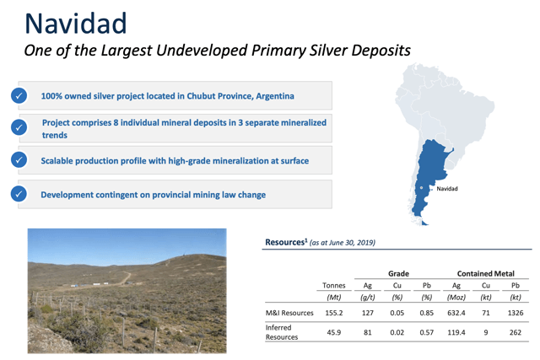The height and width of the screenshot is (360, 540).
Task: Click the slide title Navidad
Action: coord(76,23)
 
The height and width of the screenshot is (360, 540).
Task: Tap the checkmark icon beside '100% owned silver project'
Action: coord(19,95)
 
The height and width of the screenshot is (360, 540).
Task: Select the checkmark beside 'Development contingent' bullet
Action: coord(19,194)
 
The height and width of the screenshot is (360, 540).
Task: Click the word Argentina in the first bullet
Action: coord(275,96)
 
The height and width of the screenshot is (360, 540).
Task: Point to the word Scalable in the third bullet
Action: coord(57,161)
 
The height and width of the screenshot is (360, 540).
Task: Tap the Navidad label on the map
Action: coord(447,189)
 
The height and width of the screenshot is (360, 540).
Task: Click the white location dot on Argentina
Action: coord(421,188)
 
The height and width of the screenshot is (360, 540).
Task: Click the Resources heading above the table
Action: coord(285,242)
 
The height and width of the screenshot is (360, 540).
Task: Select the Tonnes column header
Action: coord(334,285)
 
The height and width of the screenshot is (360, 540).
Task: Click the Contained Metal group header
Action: coord(486,274)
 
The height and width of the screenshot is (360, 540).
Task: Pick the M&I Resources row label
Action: coord(289,313)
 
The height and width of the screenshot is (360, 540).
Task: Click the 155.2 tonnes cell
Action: coord(334,313)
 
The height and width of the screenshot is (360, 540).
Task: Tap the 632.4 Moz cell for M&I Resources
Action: coord(456,313)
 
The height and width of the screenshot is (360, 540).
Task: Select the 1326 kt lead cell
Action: coord(516,313)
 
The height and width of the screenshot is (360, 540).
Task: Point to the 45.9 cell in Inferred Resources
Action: coord(334,332)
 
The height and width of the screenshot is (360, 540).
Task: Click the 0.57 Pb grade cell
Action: coord(426,332)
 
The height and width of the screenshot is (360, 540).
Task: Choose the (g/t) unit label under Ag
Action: coord(368,298)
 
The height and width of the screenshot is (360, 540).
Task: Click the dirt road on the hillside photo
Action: coord(126,277)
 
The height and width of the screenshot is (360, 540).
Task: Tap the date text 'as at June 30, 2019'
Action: coord(343,243)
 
